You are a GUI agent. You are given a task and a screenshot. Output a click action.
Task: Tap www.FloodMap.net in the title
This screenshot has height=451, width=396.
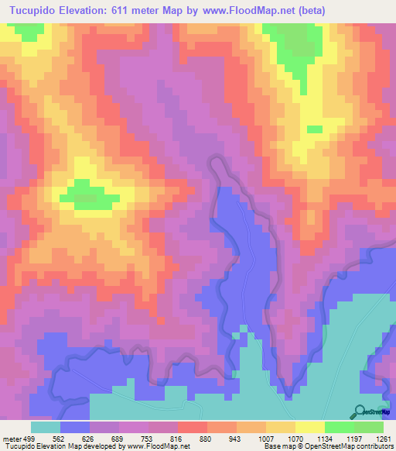[238, 11]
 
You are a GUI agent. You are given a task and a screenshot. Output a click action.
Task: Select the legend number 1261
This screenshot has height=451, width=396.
[374, 439]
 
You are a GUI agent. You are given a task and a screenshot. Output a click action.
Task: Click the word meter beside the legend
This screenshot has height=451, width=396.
[10, 439]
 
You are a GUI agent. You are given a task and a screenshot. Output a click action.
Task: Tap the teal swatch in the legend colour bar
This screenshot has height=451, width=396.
[46, 427]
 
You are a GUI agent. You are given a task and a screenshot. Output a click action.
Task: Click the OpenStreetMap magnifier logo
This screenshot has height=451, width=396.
[360, 411]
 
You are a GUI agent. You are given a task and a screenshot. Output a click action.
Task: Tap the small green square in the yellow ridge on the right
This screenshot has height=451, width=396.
[314, 129]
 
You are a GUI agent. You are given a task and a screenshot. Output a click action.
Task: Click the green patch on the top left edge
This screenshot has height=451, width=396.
[28, 31]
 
